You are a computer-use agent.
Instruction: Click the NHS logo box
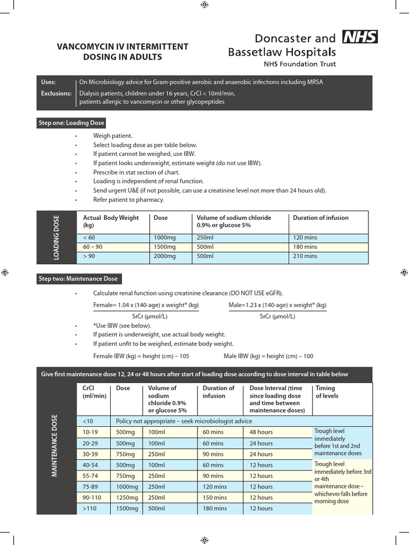tap(359, 37)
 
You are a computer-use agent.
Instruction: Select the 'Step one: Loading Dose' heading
tap(71, 123)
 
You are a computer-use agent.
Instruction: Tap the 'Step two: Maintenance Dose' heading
tap(78, 279)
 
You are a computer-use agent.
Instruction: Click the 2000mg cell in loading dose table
tap(160, 256)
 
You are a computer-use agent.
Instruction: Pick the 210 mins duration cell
tap(305, 256)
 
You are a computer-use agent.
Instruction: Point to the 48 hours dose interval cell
tap(261, 432)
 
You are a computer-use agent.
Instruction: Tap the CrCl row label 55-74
tap(92, 476)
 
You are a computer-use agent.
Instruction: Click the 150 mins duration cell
tap(213, 498)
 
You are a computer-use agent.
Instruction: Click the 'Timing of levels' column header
tap(327, 392)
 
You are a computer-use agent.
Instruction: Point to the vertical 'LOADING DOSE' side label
tap(56, 237)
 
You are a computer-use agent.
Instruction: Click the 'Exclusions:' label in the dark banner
tap(56, 93)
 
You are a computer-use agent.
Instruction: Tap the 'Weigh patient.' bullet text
tap(112, 136)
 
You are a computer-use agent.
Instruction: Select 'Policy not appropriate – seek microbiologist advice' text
tap(184, 421)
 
